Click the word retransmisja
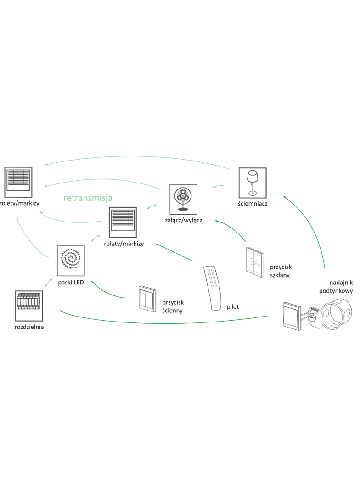pyautogui.click(x=88, y=198)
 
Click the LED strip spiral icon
pyautogui.click(x=70, y=260)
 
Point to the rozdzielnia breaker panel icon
pyautogui.click(x=28, y=306)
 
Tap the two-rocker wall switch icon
pyautogui.click(x=147, y=299)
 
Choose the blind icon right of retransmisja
pyautogui.click(x=123, y=222)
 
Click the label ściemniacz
pyautogui.click(x=253, y=204)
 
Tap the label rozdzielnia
pyautogui.click(x=29, y=327)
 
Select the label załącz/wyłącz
pyautogui.click(x=184, y=220)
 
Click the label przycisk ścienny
pyautogui.click(x=173, y=306)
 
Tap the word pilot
pyautogui.click(x=232, y=306)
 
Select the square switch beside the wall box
pyautogui.click(x=292, y=315)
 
